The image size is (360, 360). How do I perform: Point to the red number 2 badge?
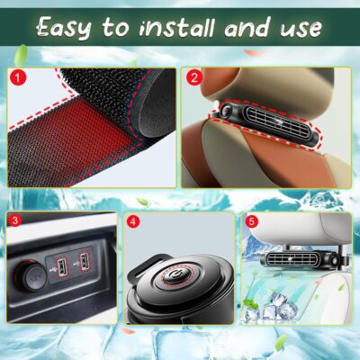[193, 77]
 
